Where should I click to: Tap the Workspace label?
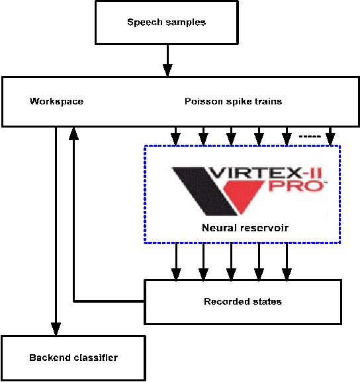coord(57,101)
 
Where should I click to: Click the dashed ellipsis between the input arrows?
coord(309,137)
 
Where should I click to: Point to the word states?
coord(267,301)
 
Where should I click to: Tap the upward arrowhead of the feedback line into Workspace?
coord(73,133)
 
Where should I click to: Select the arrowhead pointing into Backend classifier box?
coord(56,328)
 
